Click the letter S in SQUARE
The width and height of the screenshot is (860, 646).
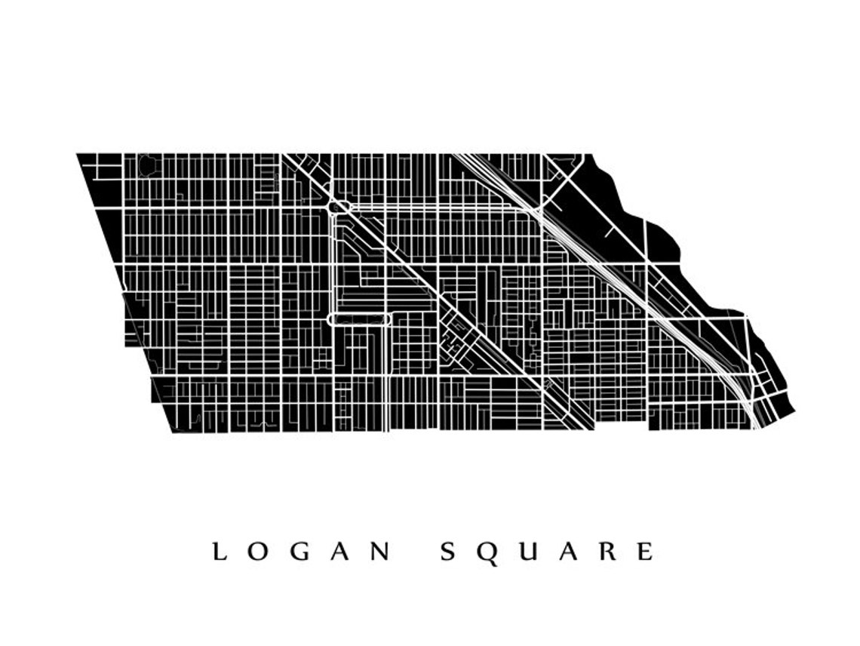(x=447, y=552)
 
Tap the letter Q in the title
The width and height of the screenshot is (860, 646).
(x=487, y=552)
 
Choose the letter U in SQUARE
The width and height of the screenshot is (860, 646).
(x=528, y=552)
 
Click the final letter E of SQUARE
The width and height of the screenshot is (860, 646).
(x=645, y=552)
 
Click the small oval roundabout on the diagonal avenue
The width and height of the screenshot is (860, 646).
(x=337, y=205)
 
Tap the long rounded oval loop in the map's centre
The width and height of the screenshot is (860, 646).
(x=359, y=319)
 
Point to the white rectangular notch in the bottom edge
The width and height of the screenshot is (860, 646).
(x=621, y=424)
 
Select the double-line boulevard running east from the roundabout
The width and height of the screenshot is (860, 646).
(x=438, y=206)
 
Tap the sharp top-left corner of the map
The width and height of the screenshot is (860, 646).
(x=78, y=155)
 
